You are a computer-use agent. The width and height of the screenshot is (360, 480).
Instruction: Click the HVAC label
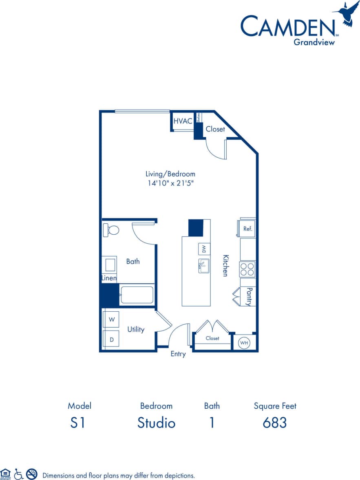point(183,121)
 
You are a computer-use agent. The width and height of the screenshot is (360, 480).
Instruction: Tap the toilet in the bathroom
point(111,230)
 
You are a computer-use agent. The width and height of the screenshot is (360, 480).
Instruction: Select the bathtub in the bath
point(137,295)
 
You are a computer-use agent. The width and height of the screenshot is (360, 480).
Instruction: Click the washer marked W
point(111,319)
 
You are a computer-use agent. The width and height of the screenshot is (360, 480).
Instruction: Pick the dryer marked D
point(111,339)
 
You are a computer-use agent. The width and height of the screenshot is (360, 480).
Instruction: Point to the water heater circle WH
point(244,343)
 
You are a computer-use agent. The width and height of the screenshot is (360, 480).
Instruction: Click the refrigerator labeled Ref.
point(247,229)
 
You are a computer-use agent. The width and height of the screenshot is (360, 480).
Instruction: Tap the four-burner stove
point(247,269)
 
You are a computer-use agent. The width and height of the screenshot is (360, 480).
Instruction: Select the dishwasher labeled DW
point(204,249)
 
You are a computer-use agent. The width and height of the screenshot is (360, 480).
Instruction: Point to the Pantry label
point(248,297)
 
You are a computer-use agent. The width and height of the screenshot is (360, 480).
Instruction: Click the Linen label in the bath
point(109,279)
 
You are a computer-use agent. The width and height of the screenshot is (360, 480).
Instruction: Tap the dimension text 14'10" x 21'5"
point(171,183)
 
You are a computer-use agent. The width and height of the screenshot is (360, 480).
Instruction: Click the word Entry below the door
point(178,354)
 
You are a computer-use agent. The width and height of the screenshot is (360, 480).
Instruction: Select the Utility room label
point(136,329)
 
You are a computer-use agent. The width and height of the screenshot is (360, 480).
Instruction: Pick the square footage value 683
point(275,423)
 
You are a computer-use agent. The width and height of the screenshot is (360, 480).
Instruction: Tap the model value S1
point(77,423)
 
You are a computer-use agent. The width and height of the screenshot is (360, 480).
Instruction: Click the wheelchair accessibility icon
point(18,474)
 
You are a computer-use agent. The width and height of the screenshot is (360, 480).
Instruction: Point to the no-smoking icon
point(31,474)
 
